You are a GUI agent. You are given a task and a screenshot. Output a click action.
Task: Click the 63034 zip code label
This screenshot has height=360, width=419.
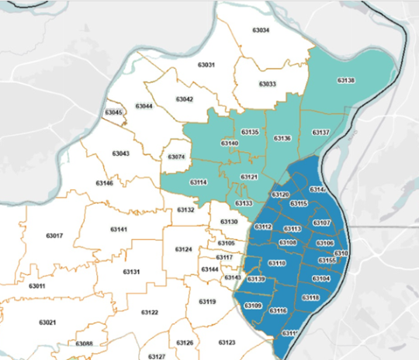pos(261,30)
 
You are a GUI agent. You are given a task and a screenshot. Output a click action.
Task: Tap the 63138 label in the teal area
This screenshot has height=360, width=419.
pos(346,80)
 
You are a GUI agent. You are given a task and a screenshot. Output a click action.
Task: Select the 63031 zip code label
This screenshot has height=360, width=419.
pos(206,65)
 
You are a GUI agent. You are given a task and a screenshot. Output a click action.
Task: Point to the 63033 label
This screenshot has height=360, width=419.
pos(267,84)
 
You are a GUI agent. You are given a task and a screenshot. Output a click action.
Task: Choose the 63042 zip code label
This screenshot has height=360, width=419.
pos(185,99)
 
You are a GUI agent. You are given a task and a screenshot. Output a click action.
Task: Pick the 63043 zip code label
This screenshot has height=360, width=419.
pos(120,154)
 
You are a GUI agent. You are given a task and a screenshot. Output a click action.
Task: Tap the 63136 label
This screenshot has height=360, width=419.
pos(282,138)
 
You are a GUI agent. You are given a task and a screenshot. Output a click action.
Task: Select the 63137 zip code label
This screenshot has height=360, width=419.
pos(321,133)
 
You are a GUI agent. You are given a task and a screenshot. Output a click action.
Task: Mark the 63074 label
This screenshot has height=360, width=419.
pos(176,157)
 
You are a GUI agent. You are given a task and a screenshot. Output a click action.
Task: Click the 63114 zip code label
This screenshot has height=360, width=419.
pos(177,182)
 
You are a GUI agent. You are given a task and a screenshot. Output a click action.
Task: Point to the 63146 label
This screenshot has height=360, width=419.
pos(105,183)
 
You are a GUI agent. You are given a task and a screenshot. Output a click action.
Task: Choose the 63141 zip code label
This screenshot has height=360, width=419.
pos(118,230)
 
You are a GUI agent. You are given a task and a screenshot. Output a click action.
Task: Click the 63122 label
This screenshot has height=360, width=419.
pos(150,313)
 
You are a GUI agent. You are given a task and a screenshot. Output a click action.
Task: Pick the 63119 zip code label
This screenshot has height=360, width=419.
pos(206,301)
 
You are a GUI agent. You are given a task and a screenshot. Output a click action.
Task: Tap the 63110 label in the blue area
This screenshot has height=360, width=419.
pos(277,263)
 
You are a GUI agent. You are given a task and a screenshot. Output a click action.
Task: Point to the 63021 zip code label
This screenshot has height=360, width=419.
pos(47,321)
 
